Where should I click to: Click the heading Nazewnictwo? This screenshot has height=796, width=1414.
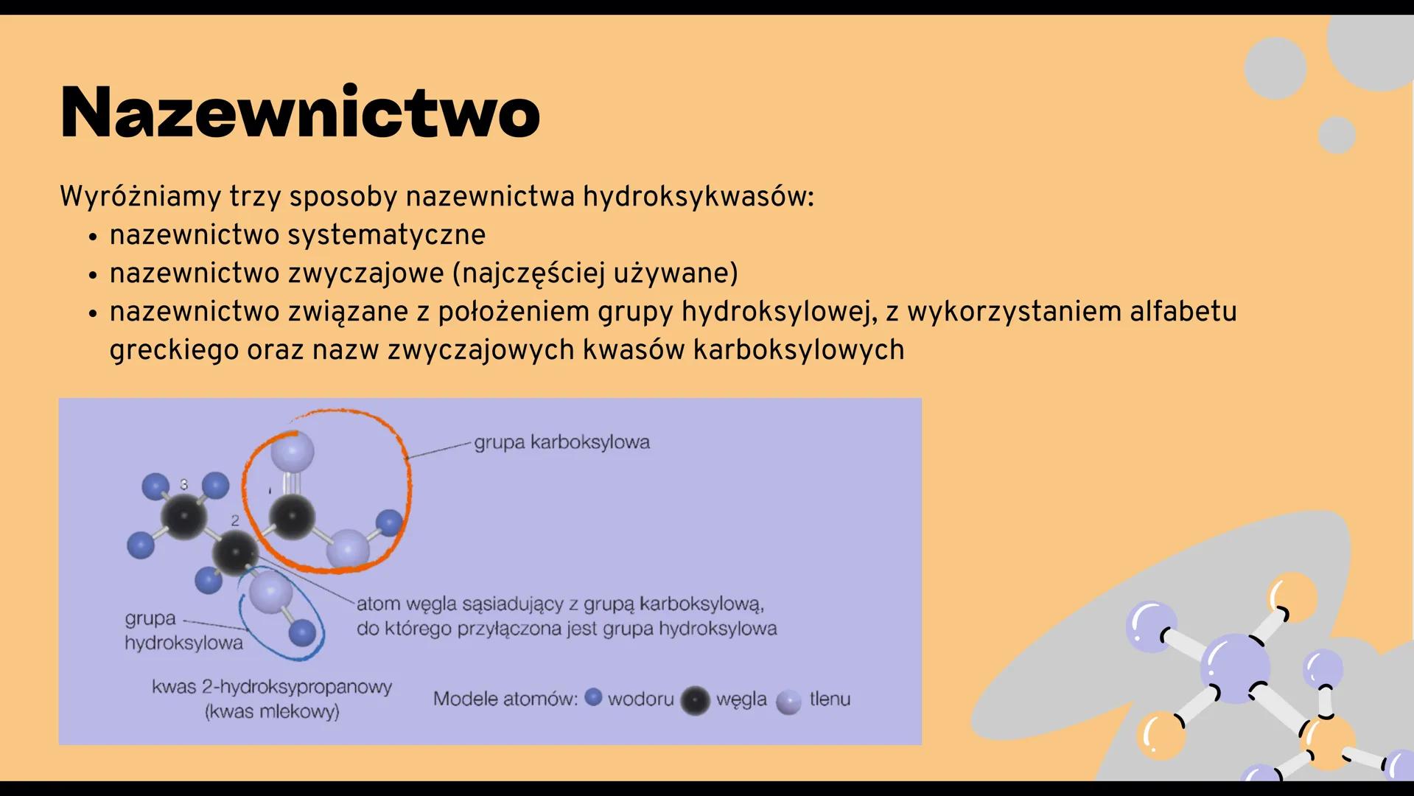300,113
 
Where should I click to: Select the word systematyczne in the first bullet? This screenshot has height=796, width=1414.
386,235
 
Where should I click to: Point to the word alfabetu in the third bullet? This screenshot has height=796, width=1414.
1183,312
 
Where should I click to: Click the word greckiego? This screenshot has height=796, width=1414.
174,350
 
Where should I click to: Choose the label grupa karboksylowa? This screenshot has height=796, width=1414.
561,442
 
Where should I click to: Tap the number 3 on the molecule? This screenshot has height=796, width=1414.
184,484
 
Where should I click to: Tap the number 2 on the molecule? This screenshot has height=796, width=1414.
235,520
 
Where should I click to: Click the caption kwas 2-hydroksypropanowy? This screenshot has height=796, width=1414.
272,687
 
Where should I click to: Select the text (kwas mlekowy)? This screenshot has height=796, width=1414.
272,712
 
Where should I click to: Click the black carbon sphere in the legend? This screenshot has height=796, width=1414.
694,700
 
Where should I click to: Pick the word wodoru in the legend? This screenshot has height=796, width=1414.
640,699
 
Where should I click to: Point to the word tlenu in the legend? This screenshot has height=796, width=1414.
830,699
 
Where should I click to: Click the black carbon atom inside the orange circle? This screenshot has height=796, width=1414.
292,516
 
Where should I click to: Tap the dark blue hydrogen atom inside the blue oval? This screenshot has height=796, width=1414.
302,632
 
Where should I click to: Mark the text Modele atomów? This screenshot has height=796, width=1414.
505,699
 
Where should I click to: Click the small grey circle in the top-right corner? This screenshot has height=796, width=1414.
1336,135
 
